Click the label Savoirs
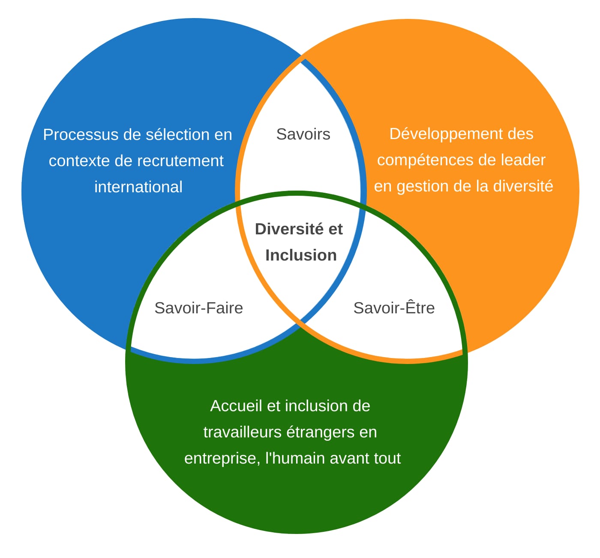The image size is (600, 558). (303, 134)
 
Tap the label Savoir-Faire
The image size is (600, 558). (198, 308)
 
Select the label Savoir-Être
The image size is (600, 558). (394, 308)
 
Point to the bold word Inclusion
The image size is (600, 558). (301, 255)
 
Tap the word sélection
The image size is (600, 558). (173, 135)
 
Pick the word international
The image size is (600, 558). (138, 187)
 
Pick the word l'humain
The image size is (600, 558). (295, 458)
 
